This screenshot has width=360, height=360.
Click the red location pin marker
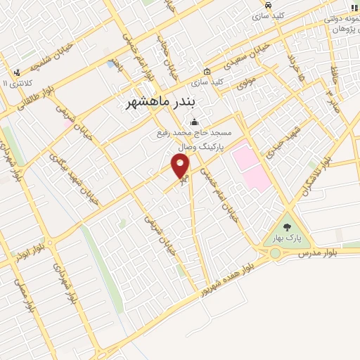click(181, 166)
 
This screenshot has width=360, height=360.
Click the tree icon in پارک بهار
click(287, 226)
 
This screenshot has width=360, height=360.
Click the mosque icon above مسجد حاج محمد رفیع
click(194, 124)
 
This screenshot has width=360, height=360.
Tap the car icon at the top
click(269, 4)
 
